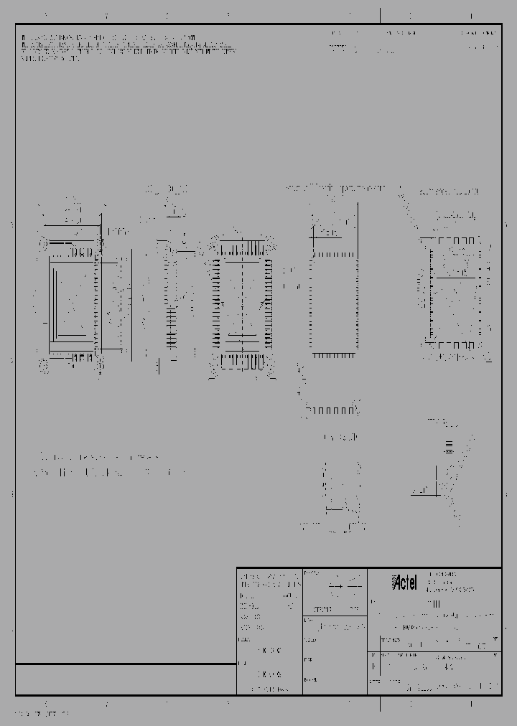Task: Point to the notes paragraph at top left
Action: tap(126, 47)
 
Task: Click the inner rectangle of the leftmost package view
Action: tap(72, 301)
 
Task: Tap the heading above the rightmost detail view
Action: tap(448, 192)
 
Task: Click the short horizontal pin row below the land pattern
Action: tap(331, 410)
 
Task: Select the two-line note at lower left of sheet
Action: tap(108, 465)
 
